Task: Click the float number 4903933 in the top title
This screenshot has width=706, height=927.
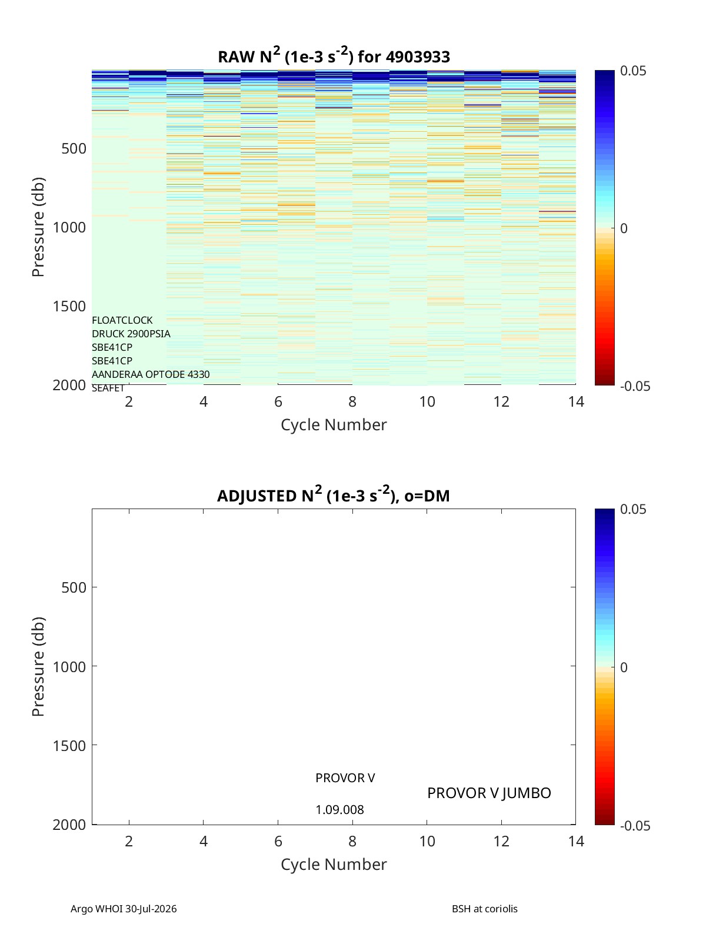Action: coord(418,57)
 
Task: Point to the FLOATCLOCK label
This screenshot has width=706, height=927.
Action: coord(122,320)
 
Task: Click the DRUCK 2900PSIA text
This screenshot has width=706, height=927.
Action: coord(131,334)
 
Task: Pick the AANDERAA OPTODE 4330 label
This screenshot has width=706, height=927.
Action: coord(151,374)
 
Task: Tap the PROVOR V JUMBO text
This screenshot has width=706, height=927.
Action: coord(489,793)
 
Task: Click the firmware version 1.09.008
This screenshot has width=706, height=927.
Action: coord(339,810)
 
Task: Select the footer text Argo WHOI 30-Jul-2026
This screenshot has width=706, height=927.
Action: coord(124,909)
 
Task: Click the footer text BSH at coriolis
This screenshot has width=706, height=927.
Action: coord(484,909)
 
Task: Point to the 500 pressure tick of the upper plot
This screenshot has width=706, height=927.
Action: coord(74,149)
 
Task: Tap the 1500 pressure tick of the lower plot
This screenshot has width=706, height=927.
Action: coord(69,746)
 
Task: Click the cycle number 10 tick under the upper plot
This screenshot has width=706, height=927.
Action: coord(427,401)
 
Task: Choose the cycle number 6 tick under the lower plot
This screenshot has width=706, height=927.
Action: coord(278,841)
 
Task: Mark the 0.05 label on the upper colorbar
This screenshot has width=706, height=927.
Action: coord(633,71)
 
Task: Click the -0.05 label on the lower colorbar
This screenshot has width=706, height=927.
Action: coord(635,826)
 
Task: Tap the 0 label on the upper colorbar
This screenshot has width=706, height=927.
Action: coord(624,228)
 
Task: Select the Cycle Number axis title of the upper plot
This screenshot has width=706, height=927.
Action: coord(334,425)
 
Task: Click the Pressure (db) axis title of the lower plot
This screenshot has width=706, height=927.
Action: coord(38,666)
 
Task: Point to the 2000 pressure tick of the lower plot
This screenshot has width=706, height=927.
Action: coord(69,825)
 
